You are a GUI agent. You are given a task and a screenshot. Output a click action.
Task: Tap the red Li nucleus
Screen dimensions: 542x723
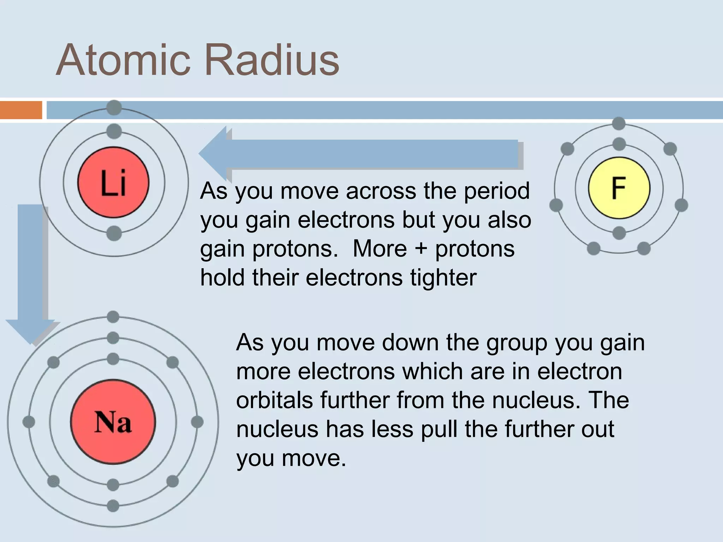(113, 182)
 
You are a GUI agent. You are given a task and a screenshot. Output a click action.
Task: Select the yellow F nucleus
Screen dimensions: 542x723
(619, 188)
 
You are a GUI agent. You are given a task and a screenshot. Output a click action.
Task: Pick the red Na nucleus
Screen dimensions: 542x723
(113, 422)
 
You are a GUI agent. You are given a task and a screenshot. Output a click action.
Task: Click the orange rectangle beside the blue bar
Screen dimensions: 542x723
(20, 110)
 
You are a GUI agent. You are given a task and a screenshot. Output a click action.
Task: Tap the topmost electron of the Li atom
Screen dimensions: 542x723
(114, 108)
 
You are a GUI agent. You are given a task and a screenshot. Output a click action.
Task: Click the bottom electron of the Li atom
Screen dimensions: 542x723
(114, 234)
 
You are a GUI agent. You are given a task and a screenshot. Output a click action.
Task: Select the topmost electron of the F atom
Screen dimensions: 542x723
(619, 124)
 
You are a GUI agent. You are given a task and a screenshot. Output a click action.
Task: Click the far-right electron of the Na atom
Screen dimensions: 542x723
(197, 422)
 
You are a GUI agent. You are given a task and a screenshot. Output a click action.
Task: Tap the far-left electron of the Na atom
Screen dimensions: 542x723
(29, 422)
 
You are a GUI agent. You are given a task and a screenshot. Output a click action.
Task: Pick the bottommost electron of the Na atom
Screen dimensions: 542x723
(113, 505)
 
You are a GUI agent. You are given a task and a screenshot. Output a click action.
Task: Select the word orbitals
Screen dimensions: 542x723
(274, 400)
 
